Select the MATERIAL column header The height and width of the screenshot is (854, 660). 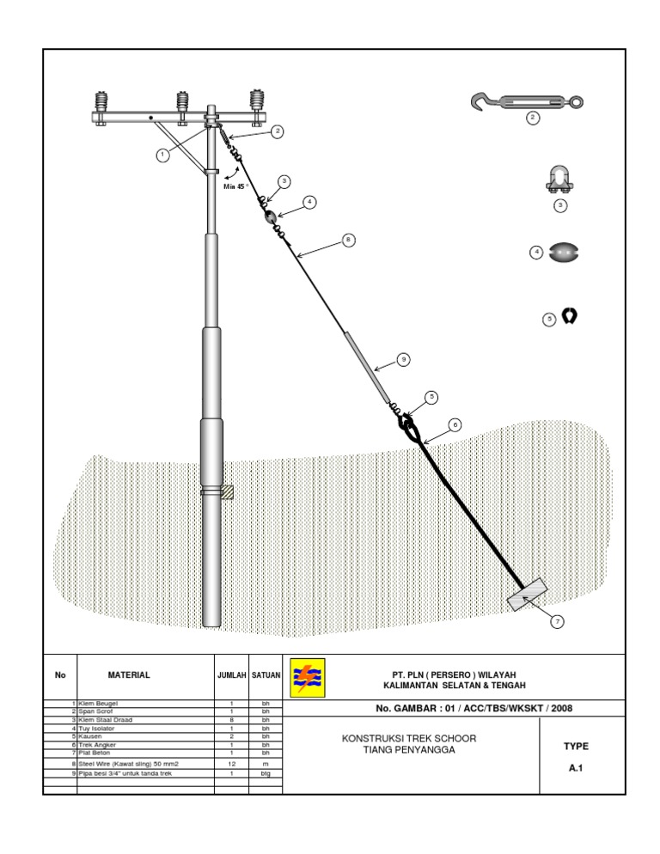[129, 675]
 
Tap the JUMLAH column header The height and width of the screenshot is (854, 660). [231, 675]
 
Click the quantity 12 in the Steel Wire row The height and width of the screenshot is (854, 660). [231, 763]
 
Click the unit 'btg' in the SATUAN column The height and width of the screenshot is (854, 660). [266, 772]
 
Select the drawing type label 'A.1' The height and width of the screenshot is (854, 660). [576, 769]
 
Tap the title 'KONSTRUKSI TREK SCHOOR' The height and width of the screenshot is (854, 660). [409, 739]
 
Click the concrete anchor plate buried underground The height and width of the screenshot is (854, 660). [527, 594]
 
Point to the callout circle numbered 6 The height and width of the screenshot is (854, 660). [455, 424]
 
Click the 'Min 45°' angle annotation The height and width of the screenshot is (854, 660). [235, 186]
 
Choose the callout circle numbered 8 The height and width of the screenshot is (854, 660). [347, 240]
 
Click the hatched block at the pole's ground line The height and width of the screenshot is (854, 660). [227, 492]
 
